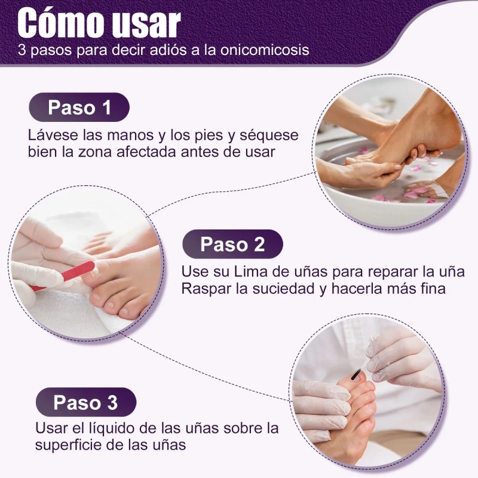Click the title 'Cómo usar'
click(99, 23)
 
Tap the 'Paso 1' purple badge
click(79, 108)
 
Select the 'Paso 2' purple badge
click(232, 244)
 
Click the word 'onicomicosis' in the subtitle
click(272, 50)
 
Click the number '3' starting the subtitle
click(22, 50)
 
